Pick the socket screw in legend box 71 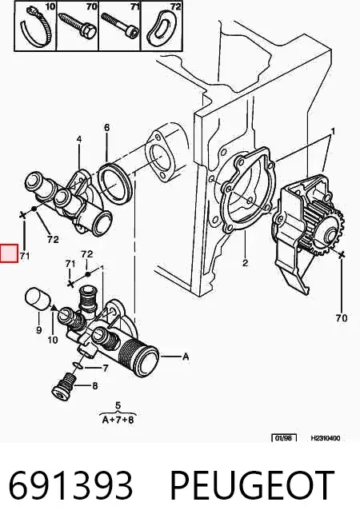click(120, 24)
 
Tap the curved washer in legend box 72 click(161, 29)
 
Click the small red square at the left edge click(9, 253)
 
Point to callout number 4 click(79, 139)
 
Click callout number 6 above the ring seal click(107, 127)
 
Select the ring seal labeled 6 click(115, 183)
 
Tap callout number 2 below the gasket click(246, 262)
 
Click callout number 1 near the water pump click(333, 131)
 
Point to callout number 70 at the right click(342, 317)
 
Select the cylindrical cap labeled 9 click(38, 299)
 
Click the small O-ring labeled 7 click(78, 365)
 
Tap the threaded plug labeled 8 click(63, 387)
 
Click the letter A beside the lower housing click(186, 357)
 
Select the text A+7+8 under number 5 click(118, 420)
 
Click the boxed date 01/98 click(284, 438)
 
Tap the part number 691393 click(70, 485)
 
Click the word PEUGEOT click(252, 485)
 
